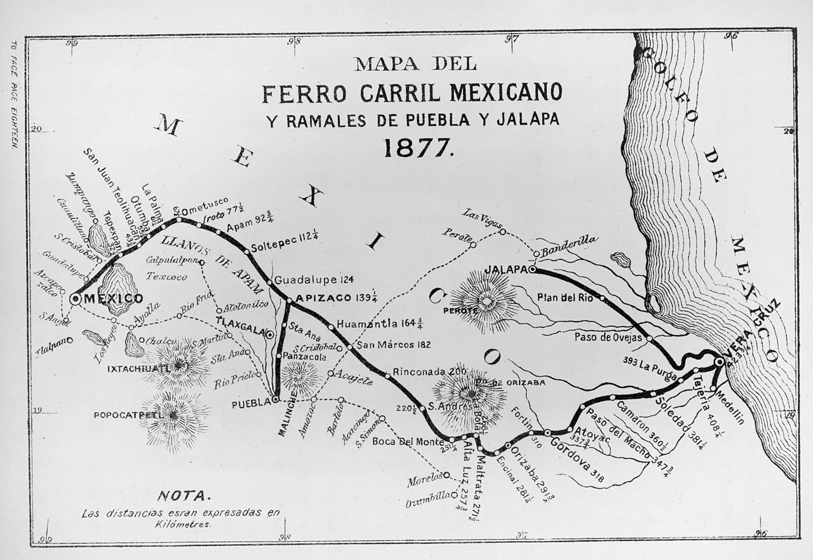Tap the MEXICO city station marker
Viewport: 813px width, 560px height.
coord(75,299)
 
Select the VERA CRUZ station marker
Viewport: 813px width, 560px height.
coord(719,362)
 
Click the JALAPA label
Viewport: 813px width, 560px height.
coord(506,270)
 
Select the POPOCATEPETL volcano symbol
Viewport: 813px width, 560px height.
coord(175,420)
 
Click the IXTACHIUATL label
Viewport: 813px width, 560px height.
coord(138,368)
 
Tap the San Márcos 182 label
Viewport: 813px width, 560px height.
coord(394,345)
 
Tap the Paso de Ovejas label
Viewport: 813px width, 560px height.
coord(608,338)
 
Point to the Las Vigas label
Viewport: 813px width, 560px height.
coord(482,220)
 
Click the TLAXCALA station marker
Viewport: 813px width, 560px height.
coord(270,334)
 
